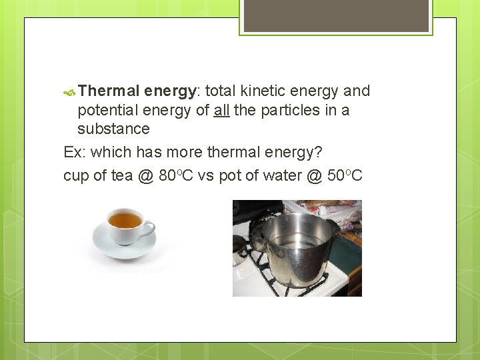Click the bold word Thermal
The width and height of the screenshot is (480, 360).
click(x=109, y=91)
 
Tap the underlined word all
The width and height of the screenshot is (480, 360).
click(x=222, y=110)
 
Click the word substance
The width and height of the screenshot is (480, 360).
click(x=113, y=129)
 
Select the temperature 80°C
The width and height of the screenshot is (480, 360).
click(x=177, y=176)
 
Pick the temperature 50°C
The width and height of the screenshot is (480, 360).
click(x=345, y=176)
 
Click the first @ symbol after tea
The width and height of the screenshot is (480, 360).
click(x=147, y=177)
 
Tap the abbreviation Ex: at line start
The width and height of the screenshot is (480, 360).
click(x=74, y=153)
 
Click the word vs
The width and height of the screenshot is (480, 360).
click(x=206, y=177)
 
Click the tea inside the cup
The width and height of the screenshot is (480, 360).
click(x=125, y=219)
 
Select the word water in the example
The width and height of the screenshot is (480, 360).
click(x=285, y=177)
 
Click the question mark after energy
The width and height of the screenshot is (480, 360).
click(x=317, y=153)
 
